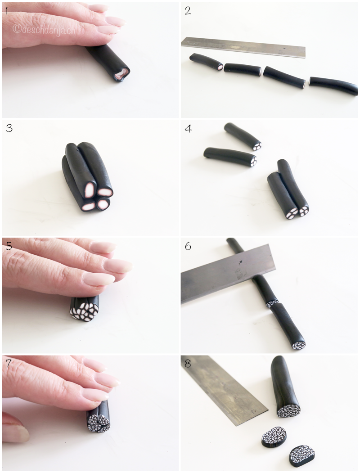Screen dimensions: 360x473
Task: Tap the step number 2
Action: pos(188,11)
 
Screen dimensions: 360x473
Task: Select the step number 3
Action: pos(9,128)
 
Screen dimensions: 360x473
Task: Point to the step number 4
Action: pos(188,129)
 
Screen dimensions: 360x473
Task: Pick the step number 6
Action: pos(188,247)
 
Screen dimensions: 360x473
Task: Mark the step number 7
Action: pos(9,364)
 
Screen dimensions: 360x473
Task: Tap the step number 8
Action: pos(188,364)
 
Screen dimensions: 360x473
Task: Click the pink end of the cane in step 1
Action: pos(122,74)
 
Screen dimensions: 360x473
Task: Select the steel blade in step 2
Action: pos(243,47)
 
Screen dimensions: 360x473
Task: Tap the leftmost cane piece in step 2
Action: pos(207,61)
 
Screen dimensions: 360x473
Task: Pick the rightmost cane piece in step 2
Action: pos(333,86)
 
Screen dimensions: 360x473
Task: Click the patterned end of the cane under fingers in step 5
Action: pos(85,311)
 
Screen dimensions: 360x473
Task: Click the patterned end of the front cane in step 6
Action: pos(298,344)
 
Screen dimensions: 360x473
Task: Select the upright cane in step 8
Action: pos(285,387)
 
